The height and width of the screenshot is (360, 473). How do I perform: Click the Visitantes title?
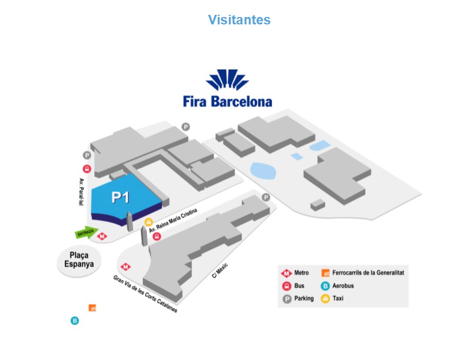pyautogui.click(x=239, y=20)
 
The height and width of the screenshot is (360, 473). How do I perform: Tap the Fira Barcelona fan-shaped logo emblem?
pyautogui.click(x=227, y=81)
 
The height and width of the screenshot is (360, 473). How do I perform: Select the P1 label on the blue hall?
pyautogui.click(x=121, y=197)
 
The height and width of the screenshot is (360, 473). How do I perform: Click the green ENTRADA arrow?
pyautogui.click(x=86, y=232)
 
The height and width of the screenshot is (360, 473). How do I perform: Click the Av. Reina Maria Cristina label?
pyautogui.click(x=173, y=221)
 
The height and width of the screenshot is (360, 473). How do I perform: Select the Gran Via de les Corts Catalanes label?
pyautogui.click(x=145, y=294)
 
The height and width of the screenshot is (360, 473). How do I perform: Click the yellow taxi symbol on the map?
pyautogui.click(x=148, y=222)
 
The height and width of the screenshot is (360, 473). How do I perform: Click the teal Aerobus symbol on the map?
pyautogui.click(x=75, y=321)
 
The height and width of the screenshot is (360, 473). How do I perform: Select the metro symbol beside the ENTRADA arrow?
pyautogui.click(x=101, y=238)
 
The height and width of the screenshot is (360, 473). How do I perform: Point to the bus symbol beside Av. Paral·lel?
pyautogui.click(x=87, y=170)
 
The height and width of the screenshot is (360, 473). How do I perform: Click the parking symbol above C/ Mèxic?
pyautogui.click(x=266, y=197)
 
